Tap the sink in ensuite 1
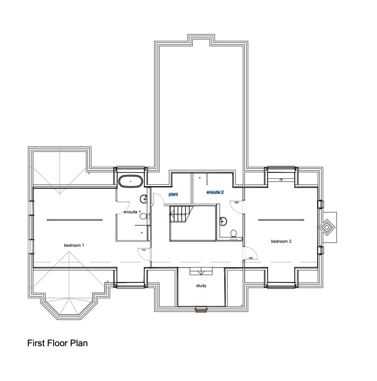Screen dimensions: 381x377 click(143, 199)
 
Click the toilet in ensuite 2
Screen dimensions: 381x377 click(234, 234)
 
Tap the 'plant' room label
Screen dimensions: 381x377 click(173, 194)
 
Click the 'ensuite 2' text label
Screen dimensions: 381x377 click(215, 192)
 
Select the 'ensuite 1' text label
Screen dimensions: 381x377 click(132, 212)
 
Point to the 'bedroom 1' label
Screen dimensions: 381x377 click(74, 245)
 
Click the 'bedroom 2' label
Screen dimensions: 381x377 click(281, 241)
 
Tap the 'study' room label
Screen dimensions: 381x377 click(201, 286)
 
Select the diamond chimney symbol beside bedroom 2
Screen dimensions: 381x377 click(327, 228)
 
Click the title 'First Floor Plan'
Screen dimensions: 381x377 click(58, 343)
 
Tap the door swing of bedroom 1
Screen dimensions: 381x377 click(144, 253)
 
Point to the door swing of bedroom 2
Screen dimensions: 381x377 click(250, 254)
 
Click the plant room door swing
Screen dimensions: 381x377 click(158, 199)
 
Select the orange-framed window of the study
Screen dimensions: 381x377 click(201, 309)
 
